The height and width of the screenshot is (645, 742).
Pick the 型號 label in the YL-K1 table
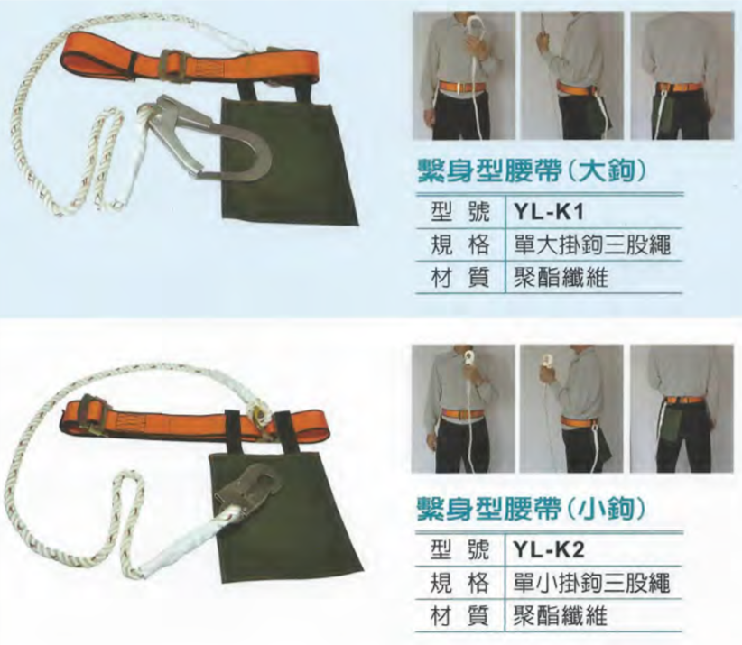tap(459, 212)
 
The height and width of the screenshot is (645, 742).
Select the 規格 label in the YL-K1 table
tap(459, 244)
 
